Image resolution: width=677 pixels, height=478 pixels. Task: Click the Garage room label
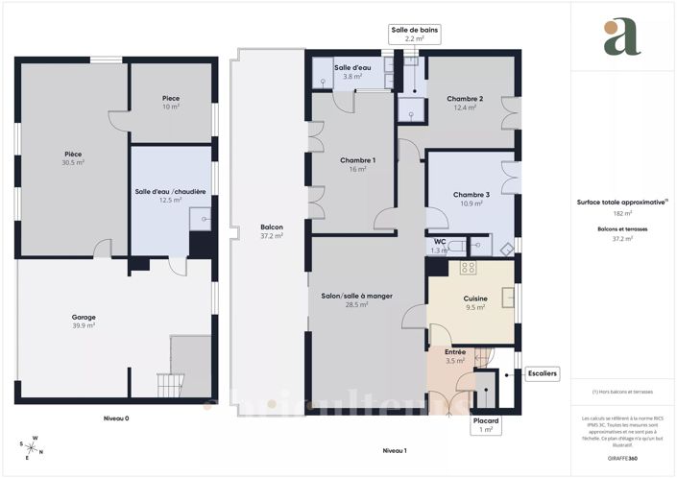pyautogui.click(x=84, y=317)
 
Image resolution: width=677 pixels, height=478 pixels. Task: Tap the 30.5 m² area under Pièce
pyautogui.click(x=73, y=162)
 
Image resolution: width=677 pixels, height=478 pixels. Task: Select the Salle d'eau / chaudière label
pyautogui.click(x=171, y=191)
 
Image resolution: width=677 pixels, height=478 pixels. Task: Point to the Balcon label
pyautogui.click(x=272, y=227)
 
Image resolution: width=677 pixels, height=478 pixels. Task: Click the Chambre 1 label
pyautogui.click(x=358, y=159)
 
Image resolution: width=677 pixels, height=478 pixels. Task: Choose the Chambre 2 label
pyautogui.click(x=465, y=99)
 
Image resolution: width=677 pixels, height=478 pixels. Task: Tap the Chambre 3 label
pyautogui.click(x=471, y=195)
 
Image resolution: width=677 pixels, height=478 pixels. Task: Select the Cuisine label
pyautogui.click(x=475, y=299)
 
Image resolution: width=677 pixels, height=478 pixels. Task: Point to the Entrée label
pyautogui.click(x=455, y=352)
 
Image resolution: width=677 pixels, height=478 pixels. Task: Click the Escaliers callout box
pyautogui.click(x=544, y=372)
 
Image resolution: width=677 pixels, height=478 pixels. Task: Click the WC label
pyautogui.click(x=440, y=242)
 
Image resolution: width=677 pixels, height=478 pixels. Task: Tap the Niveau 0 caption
pyautogui.click(x=116, y=418)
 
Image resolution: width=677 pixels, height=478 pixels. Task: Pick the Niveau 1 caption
pyautogui.click(x=395, y=450)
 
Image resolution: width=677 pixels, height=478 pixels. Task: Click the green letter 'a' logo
pyautogui.click(x=622, y=37)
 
